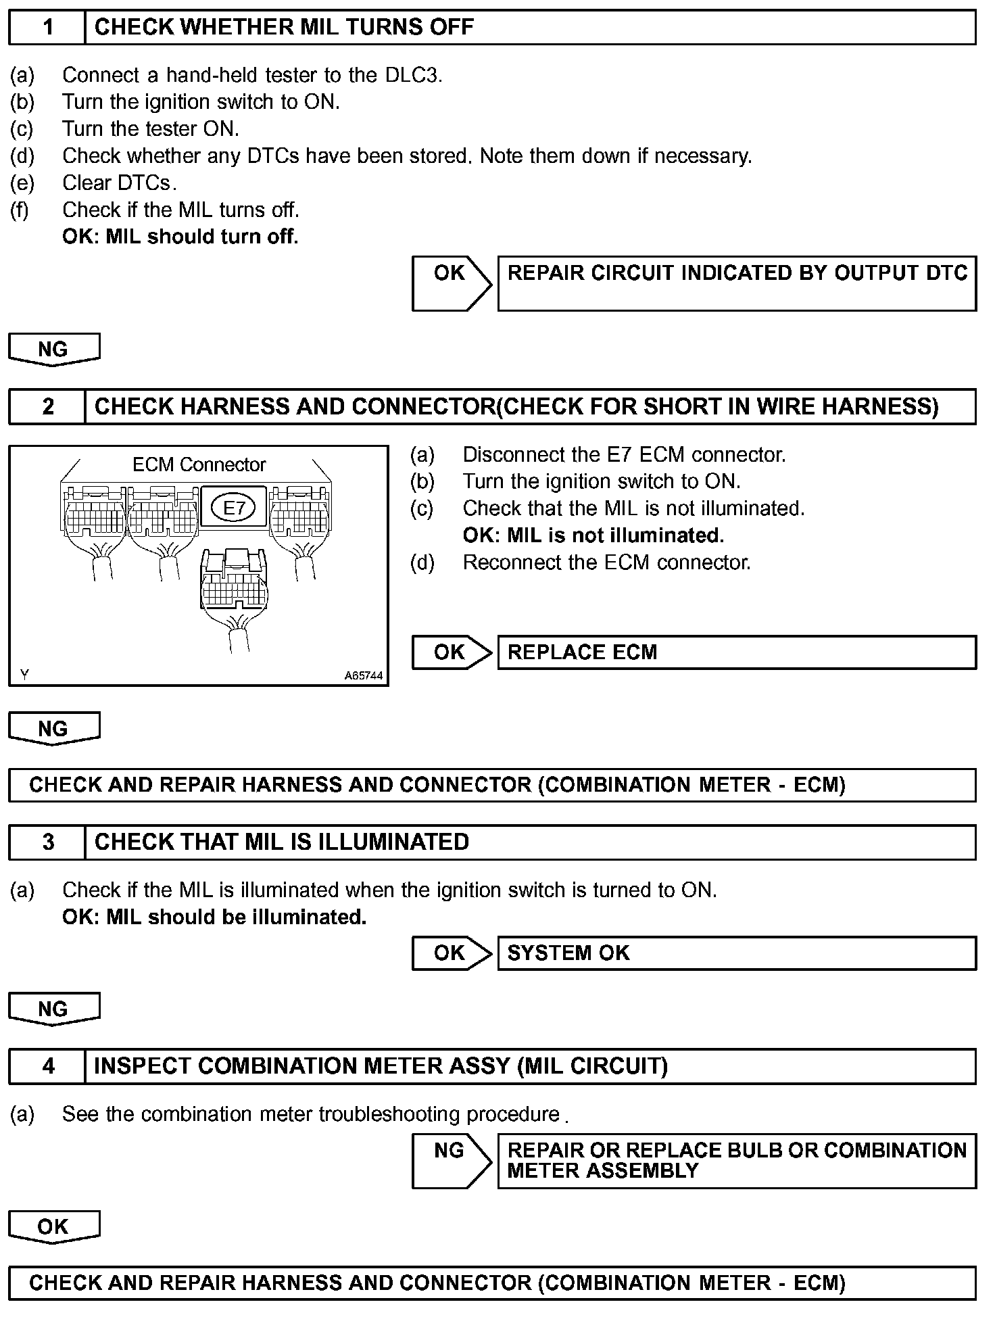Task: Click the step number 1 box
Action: (47, 28)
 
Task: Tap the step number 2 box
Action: (47, 406)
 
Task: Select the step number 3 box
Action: (47, 842)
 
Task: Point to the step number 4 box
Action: (47, 1066)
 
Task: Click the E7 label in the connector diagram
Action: (234, 508)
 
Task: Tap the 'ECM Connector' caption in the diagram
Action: (199, 464)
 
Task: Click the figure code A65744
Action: (363, 675)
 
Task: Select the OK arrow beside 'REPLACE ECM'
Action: (451, 652)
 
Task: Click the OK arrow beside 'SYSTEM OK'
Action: (451, 953)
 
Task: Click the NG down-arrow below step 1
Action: (54, 350)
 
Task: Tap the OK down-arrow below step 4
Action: (54, 1226)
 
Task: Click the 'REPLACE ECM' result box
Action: (737, 652)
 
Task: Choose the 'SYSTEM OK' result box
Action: (737, 953)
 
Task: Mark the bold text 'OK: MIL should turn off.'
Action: (180, 237)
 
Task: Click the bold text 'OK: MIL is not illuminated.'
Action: (593, 535)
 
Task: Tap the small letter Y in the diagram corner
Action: (24, 674)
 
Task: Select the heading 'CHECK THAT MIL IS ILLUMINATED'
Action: (281, 842)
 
